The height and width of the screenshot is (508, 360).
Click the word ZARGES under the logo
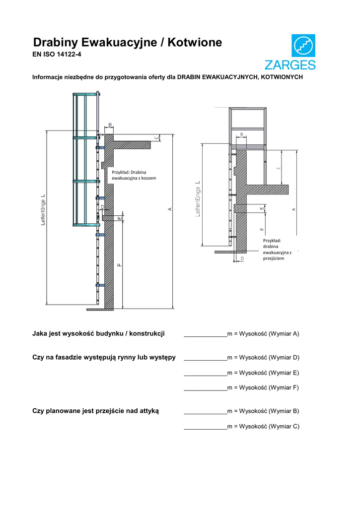[289, 65]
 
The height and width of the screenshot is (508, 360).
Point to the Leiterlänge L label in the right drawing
[198, 199]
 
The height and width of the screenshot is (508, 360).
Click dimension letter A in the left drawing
[170, 209]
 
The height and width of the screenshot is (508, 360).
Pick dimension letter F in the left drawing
[119, 265]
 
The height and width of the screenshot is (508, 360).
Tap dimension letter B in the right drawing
[242, 134]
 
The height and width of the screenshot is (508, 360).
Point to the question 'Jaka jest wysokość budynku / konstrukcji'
[98, 333]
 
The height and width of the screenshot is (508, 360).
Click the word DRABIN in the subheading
[189, 78]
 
